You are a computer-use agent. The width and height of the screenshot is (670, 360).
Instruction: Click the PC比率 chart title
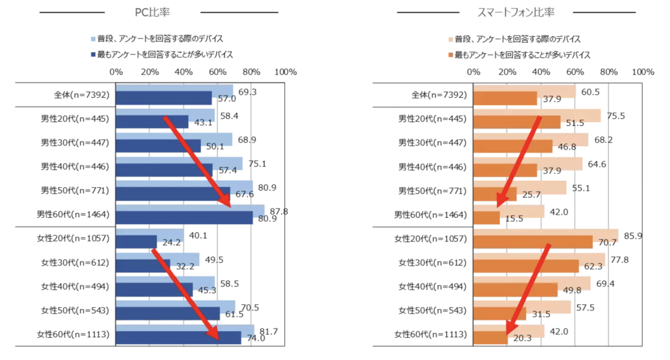pyautogui.click(x=152, y=12)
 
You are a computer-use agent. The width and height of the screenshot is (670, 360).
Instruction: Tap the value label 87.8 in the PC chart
pyautogui.click(x=279, y=211)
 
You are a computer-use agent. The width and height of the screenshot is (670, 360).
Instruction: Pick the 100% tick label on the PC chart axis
pyautogui.click(x=285, y=72)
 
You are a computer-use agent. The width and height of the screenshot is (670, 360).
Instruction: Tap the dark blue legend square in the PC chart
pyautogui.click(x=93, y=54)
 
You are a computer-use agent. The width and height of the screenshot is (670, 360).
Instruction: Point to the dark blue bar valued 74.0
pyautogui.click(x=178, y=338)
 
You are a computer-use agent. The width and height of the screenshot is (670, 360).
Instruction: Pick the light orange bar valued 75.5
pyautogui.click(x=537, y=115)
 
